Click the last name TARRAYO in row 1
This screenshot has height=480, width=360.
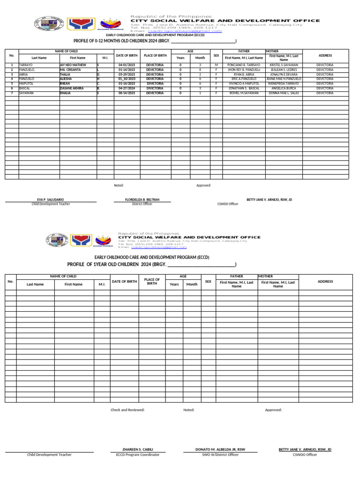click(x=26, y=65)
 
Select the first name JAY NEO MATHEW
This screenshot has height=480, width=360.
click(x=73, y=65)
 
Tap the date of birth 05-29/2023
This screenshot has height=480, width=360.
click(x=127, y=75)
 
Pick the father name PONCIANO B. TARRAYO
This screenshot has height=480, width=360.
click(x=244, y=65)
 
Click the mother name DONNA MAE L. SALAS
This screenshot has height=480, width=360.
click(x=284, y=93)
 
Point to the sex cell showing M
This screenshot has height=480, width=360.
click(x=216, y=65)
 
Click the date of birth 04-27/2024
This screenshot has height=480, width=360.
click(x=127, y=88)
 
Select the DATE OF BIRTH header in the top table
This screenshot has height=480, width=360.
click(x=127, y=55)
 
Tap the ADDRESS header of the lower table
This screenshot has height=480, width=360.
click(x=325, y=282)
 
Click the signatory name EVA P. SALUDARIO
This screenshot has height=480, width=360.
click(x=51, y=200)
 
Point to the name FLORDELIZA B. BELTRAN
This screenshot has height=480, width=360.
click(x=142, y=200)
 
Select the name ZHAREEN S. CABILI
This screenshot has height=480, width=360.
click(x=138, y=450)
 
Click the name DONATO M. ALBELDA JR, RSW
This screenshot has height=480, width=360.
click(x=220, y=450)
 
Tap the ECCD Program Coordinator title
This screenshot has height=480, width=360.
click(x=138, y=455)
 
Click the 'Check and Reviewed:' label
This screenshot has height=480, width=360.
click(x=127, y=410)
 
